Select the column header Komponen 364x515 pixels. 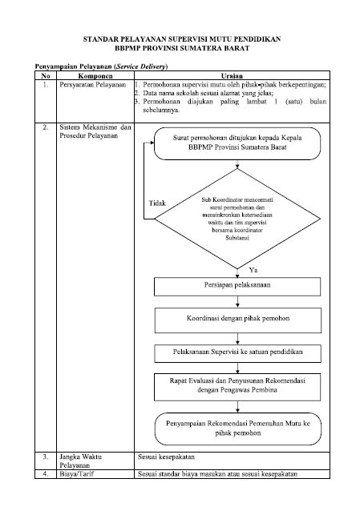(95, 76)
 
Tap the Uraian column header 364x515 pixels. (232, 76)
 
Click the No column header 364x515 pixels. (46, 76)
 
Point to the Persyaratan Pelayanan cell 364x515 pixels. (93, 85)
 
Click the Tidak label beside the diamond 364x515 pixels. (157, 203)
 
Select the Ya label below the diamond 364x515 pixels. (253, 270)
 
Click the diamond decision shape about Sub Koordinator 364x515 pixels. (237, 219)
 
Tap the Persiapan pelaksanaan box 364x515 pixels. (237, 287)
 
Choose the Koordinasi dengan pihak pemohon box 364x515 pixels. (238, 320)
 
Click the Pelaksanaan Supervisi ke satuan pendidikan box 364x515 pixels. (238, 353)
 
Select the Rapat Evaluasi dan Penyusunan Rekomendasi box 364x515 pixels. (237, 387)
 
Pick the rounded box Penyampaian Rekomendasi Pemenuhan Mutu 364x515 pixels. (238, 429)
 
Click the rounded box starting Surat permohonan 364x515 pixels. (237, 143)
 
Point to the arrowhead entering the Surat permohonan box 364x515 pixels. (152, 143)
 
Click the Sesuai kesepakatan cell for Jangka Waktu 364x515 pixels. (166, 457)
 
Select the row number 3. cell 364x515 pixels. (46, 457)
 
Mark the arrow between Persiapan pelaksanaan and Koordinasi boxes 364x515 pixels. (237, 301)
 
